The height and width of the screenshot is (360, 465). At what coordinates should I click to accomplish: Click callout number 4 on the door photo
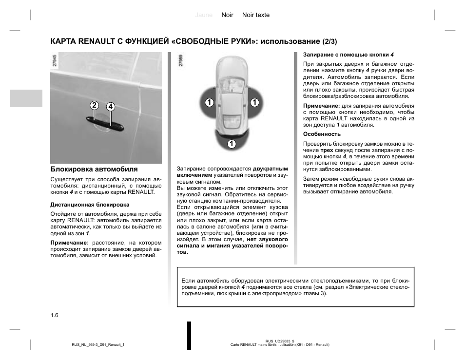click(111, 107)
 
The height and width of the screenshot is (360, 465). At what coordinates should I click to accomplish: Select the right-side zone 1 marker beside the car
click(254, 102)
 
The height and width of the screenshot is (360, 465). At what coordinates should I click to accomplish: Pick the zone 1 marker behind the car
click(231, 144)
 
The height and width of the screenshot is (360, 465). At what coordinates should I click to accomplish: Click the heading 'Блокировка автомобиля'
click(94, 169)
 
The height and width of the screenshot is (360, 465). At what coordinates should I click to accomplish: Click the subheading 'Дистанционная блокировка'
click(90, 205)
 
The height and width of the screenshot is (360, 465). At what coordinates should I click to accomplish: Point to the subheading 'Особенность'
click(322, 134)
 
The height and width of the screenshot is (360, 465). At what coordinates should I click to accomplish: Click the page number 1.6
click(54, 315)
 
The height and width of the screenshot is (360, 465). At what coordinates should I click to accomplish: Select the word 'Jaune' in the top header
click(204, 15)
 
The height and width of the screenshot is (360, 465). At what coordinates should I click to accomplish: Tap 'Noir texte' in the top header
click(256, 15)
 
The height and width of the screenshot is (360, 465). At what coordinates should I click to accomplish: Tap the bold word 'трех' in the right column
click(313, 151)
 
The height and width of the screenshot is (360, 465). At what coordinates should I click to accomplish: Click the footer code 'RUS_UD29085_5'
click(280, 341)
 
